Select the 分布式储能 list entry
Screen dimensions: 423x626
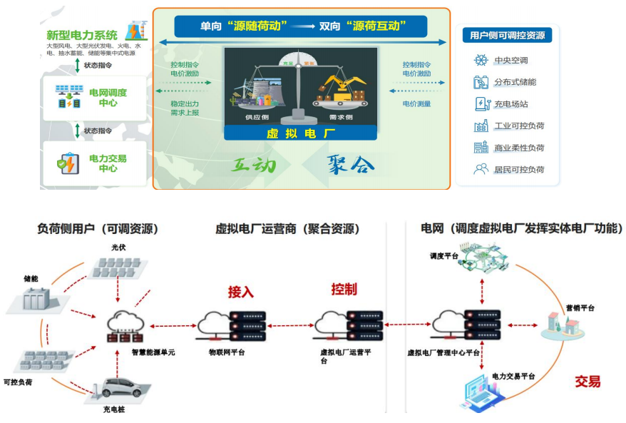515,82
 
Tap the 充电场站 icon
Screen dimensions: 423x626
481,104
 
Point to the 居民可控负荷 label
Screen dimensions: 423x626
519,170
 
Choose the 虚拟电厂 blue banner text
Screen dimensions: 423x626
300,133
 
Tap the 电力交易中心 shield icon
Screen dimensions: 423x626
68,163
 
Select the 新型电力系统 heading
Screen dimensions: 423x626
81,35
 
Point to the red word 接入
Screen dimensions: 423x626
241,292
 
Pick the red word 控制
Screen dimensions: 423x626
344,290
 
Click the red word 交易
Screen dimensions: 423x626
587,382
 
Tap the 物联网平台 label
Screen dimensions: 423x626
227,352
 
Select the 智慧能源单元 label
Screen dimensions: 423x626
152,352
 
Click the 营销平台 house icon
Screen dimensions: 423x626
563,327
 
